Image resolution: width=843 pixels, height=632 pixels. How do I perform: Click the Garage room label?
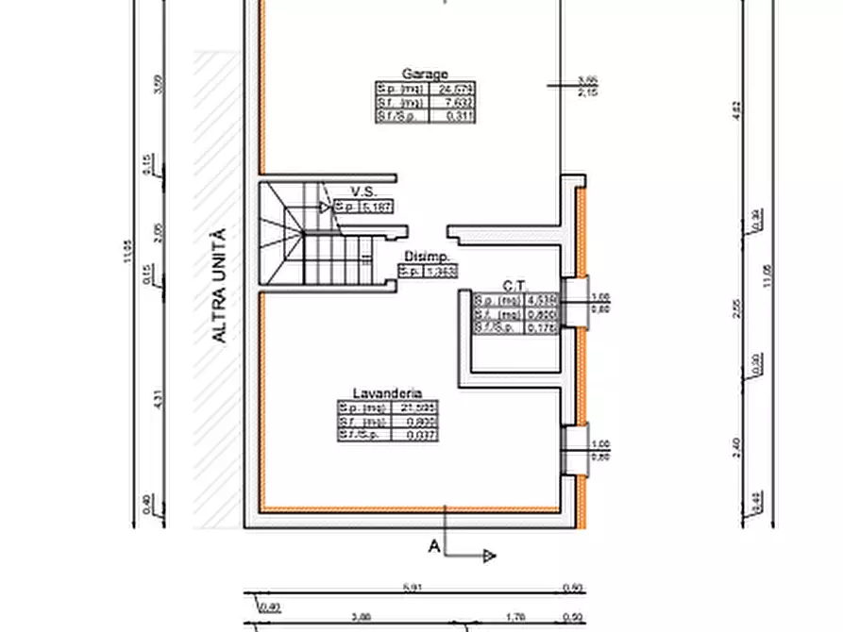point(425,74)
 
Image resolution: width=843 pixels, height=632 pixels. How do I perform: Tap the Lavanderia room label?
point(387,393)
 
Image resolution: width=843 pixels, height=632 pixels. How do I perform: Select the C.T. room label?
point(514,284)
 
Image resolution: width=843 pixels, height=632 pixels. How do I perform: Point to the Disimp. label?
point(426,257)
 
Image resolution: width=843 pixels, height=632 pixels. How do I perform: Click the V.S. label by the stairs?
point(363,191)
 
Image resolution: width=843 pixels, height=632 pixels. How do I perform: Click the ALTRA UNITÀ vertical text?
point(219,285)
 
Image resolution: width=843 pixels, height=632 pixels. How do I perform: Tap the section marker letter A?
point(434,545)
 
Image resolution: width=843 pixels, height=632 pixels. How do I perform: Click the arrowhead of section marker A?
point(489,557)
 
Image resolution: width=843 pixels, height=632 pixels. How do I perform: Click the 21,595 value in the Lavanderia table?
point(415,407)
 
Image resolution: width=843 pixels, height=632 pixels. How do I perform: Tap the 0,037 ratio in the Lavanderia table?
point(415,435)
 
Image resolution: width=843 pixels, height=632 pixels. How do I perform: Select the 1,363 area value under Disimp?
point(440,272)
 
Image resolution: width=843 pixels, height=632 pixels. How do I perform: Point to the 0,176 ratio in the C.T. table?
point(543,326)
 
